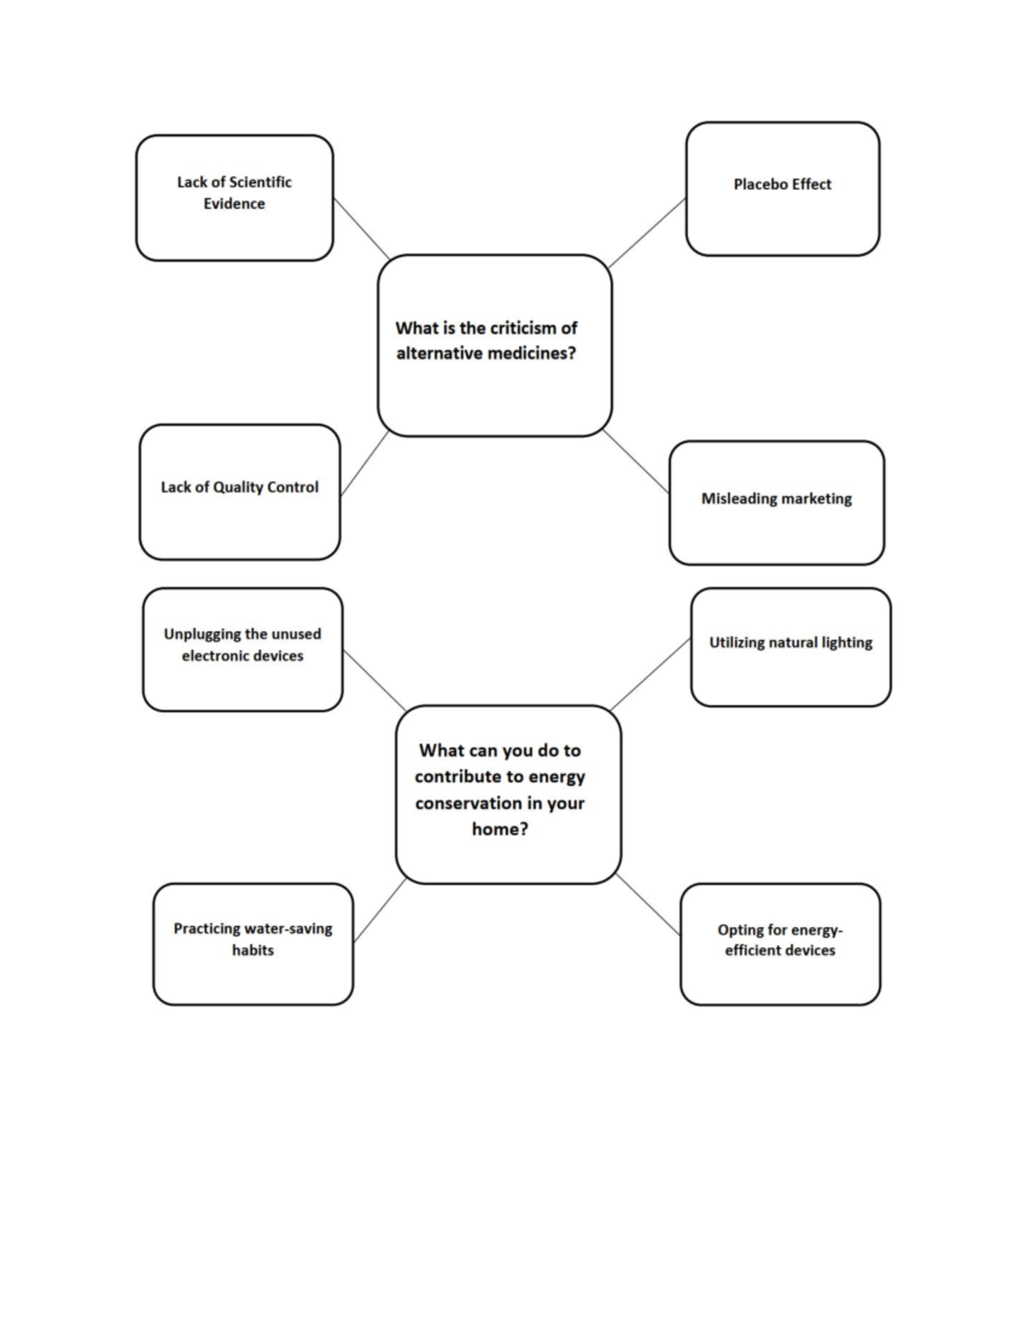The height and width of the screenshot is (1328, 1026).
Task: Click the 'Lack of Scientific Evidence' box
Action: coord(234,198)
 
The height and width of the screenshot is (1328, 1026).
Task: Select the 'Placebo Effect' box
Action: coord(782,189)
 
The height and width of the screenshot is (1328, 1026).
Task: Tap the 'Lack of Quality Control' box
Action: coord(239,493)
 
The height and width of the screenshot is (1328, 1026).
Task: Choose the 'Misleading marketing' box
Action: coord(776,503)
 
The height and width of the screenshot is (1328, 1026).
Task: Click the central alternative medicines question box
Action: coord(494,345)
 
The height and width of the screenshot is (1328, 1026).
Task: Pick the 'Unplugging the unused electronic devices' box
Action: coord(243,649)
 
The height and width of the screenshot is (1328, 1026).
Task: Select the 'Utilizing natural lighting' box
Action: coord(791,647)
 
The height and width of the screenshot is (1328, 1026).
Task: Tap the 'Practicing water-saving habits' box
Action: coord(253,944)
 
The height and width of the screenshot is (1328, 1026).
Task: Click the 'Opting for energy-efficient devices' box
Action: coord(780,944)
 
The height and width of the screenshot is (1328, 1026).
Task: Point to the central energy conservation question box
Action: coord(508,794)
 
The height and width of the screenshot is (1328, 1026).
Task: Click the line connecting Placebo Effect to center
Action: coord(648,232)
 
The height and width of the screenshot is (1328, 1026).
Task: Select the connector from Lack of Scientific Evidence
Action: coord(361,228)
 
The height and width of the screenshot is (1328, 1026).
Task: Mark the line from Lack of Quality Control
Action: coord(364,463)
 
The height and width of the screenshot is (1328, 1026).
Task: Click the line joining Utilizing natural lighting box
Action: coord(651,674)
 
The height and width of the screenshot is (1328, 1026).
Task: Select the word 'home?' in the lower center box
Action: coord(500,829)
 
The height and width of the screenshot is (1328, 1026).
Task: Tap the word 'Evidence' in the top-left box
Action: coord(234,204)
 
